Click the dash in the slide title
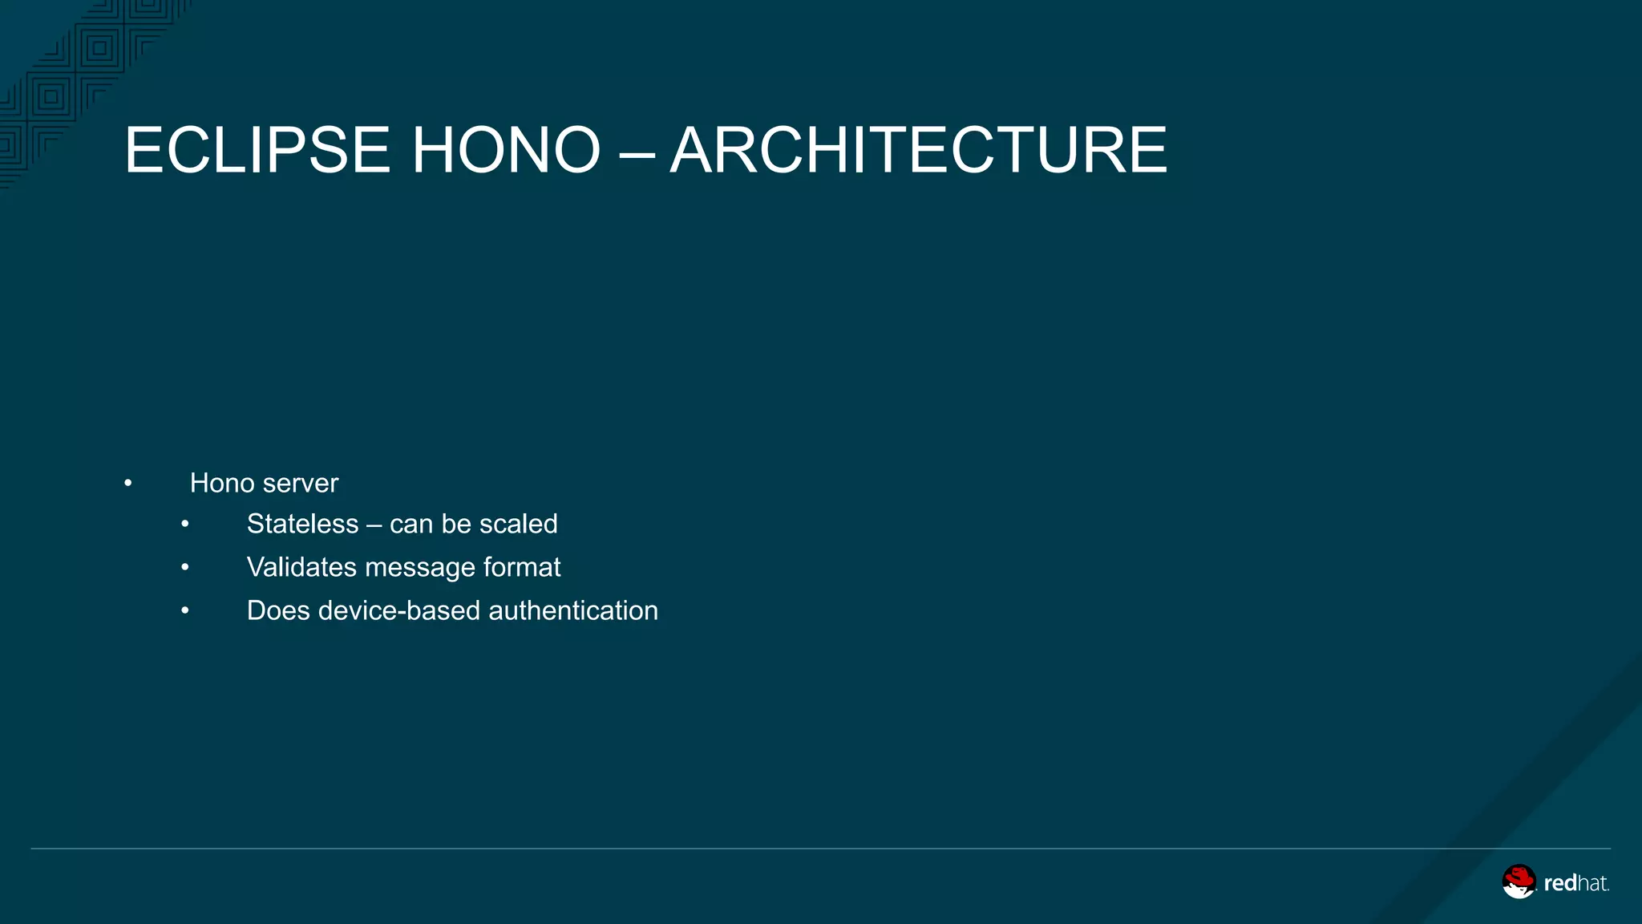(637, 152)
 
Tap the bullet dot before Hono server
(128, 484)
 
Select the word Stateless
(302, 524)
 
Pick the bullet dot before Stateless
(185, 525)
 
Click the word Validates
(301, 567)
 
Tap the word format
(522, 567)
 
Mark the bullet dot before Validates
(185, 568)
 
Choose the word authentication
(573, 610)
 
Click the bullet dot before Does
(185, 611)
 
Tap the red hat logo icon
(1519, 881)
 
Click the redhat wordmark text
(1575, 884)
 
